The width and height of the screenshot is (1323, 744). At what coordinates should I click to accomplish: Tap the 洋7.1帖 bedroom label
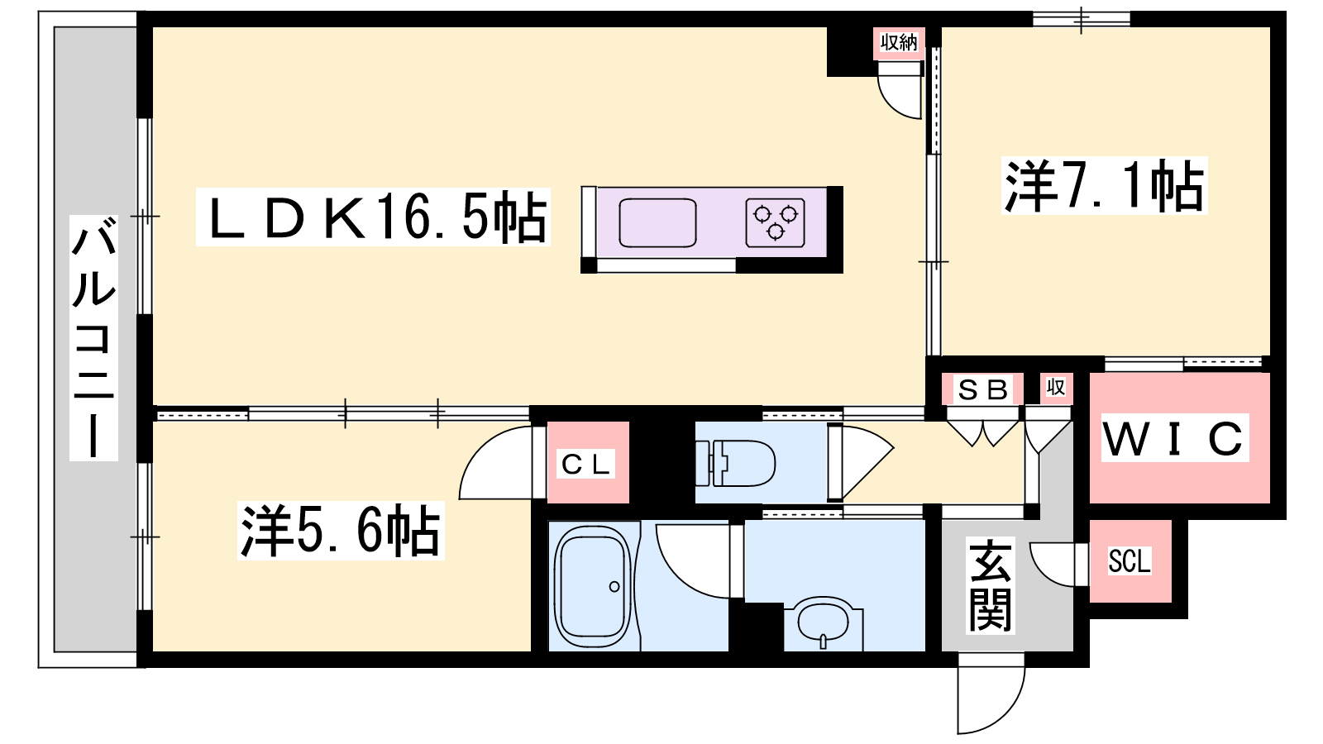click(x=1104, y=186)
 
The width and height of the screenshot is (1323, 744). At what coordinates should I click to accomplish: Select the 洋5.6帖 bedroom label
click(x=340, y=530)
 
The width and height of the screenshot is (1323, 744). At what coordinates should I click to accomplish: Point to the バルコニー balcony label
click(x=93, y=338)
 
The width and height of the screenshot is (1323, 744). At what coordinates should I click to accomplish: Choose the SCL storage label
click(x=1130, y=561)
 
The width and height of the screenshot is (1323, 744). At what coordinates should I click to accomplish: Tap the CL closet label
click(x=586, y=465)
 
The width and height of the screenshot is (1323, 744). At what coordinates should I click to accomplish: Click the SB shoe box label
click(x=983, y=389)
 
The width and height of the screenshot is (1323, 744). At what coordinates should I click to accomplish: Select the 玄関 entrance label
click(x=991, y=585)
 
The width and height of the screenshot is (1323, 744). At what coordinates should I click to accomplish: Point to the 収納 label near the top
click(x=898, y=42)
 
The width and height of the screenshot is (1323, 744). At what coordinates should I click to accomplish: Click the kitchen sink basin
click(x=657, y=222)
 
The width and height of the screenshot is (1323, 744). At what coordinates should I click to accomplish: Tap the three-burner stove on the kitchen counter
click(x=775, y=222)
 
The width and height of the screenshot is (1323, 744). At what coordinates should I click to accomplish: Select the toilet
click(x=735, y=463)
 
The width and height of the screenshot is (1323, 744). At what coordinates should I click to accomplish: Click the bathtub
click(x=594, y=586)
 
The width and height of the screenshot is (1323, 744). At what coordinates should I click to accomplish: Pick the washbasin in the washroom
click(x=824, y=623)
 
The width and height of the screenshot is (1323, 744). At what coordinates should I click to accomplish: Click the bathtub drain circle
click(x=614, y=586)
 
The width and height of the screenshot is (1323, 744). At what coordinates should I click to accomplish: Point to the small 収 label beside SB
click(x=1055, y=388)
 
